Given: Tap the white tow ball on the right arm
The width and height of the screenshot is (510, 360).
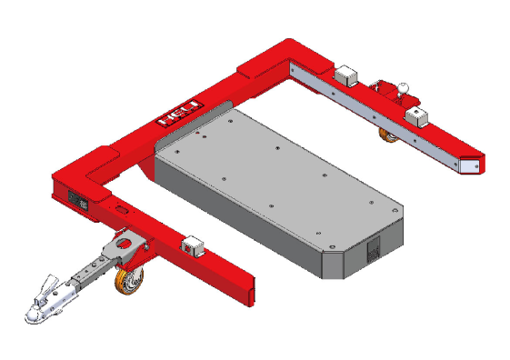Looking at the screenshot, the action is coord(404,87).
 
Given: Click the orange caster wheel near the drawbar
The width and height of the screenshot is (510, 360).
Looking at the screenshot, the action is coord(129,281).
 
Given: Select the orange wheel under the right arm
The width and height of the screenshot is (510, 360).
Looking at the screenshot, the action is coord(389,135).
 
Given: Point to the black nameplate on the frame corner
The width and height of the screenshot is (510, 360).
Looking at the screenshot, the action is coord(78,201).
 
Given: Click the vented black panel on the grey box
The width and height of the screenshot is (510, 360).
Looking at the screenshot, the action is coord(374,249).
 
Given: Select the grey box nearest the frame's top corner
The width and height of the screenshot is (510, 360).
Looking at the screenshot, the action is coord(346,75).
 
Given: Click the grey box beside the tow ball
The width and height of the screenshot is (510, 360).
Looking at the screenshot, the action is coord(416,116).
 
